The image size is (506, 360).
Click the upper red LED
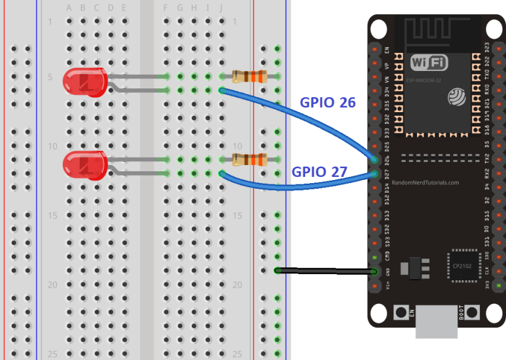point(85,82)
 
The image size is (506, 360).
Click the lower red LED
point(85,165)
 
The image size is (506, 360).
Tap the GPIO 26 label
point(327,103)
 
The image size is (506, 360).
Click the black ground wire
point(324,271)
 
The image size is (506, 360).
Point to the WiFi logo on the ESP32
point(428,62)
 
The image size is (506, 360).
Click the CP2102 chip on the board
point(462,267)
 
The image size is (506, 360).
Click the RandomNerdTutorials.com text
point(425,183)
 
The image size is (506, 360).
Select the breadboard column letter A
point(69,7)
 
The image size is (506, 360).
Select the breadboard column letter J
point(222,7)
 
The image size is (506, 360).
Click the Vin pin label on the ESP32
point(387,286)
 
